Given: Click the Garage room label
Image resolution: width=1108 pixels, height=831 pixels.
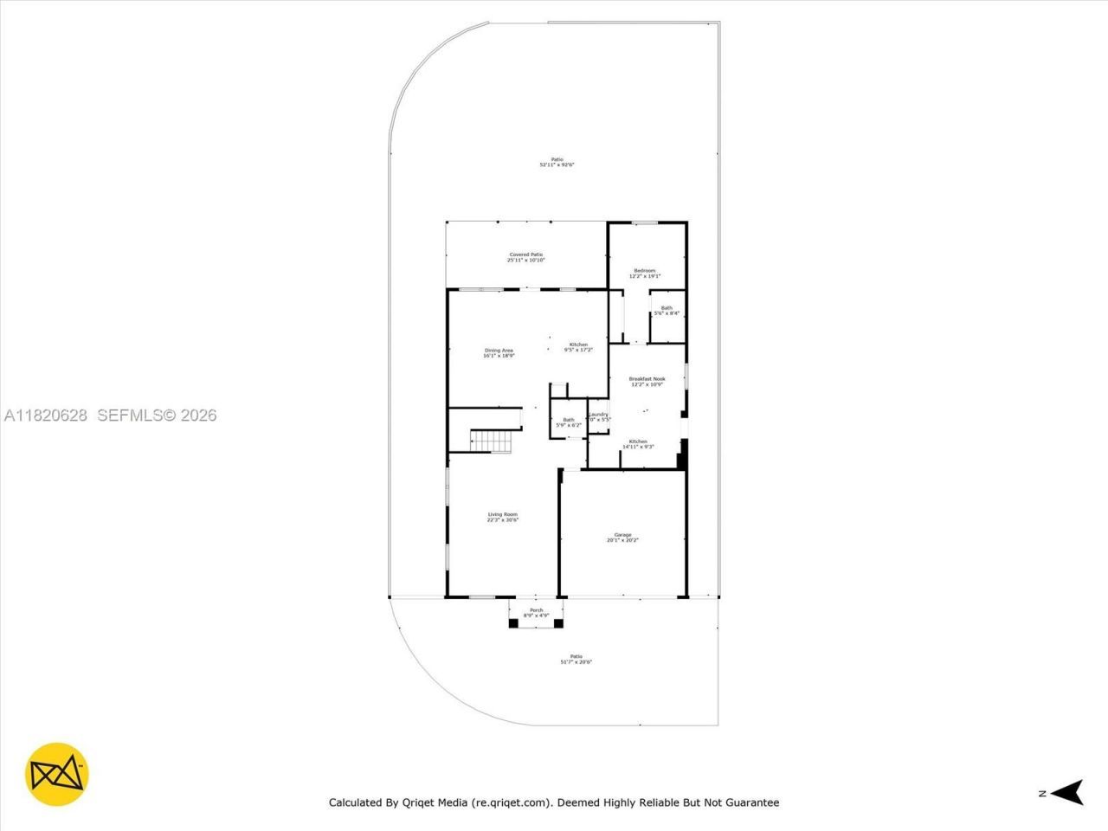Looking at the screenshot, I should tap(622, 535).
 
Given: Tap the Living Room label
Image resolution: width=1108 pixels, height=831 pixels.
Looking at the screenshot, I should tap(502, 515).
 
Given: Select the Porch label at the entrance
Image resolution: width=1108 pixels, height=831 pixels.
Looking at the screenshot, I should tap(536, 610).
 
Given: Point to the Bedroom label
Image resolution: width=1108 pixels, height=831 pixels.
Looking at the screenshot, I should tap(644, 271).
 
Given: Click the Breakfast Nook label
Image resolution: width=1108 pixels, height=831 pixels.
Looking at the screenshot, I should tap(647, 378).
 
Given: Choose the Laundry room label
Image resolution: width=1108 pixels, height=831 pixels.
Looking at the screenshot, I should tap(598, 414).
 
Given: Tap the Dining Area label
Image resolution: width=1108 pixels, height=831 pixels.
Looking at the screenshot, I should tap(499, 350).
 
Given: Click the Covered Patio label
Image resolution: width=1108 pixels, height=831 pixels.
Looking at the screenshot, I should tap(525, 254).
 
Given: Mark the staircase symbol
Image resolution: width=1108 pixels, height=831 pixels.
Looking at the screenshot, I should tap(492, 441).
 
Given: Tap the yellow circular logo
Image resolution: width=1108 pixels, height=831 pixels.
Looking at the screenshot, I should tap(57, 773).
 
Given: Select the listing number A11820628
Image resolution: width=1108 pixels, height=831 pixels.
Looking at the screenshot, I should tap(46, 415).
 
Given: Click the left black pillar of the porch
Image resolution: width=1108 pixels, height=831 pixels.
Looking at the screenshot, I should tap(513, 622).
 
